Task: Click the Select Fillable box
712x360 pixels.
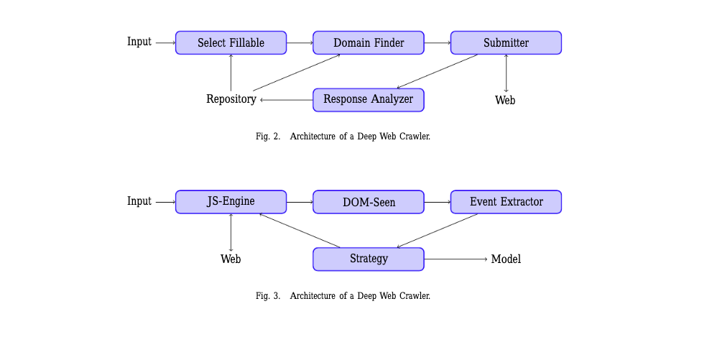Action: (231, 43)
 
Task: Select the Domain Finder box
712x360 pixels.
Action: (369, 43)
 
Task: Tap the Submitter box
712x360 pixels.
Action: (506, 43)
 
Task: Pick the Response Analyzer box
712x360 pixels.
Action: (369, 100)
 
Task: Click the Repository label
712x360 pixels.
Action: (231, 100)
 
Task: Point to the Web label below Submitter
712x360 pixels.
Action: (505, 101)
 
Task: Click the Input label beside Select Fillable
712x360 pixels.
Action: (139, 42)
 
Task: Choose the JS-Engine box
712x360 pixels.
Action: (231, 202)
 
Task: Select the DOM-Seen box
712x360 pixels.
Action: (369, 203)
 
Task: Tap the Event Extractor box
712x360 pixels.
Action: (506, 202)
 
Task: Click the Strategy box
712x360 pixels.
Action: (369, 259)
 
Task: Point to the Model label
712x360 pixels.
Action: (506, 259)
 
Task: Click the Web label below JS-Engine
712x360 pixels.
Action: (231, 259)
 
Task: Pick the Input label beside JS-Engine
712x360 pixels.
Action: (139, 202)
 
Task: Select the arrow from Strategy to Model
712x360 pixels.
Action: (456, 259)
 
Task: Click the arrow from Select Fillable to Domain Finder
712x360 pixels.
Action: (300, 43)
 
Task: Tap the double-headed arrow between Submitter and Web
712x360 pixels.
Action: (506, 73)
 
